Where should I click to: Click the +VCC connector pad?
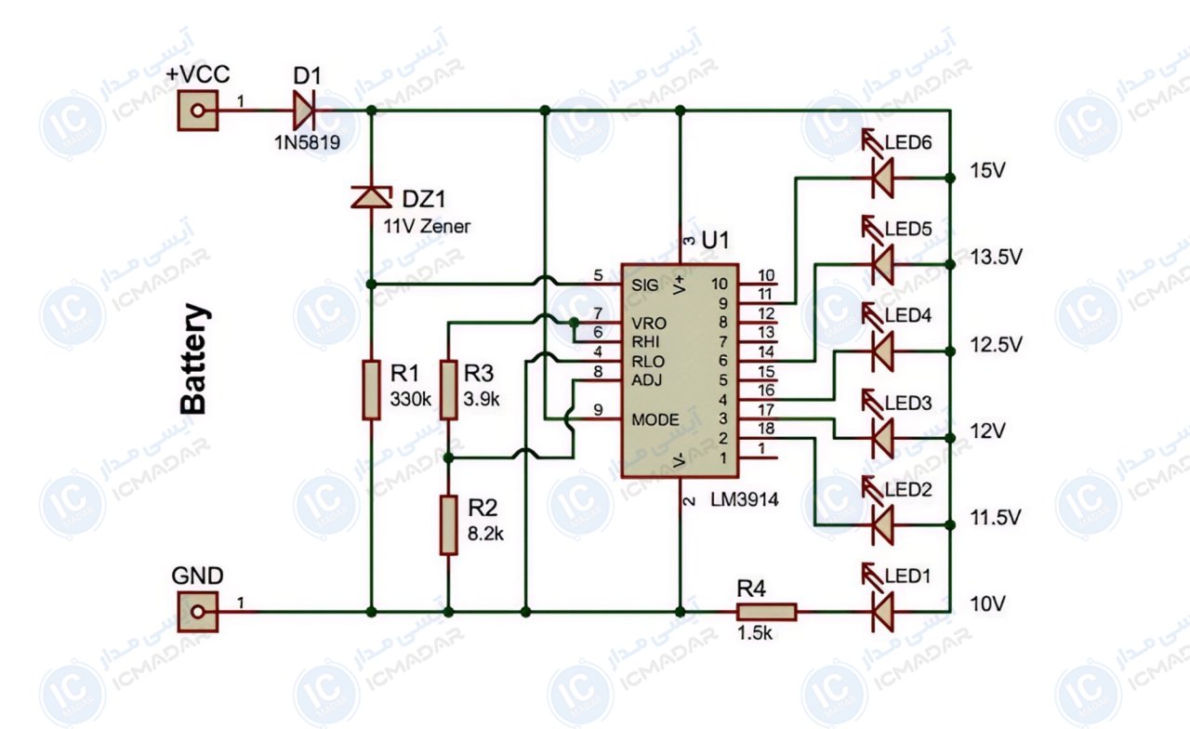point(198,111)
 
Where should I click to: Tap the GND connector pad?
point(198,612)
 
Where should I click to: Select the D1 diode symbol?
point(304,111)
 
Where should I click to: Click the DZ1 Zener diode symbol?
point(371,196)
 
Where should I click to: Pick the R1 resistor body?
point(371,390)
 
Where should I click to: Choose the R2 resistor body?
point(448,525)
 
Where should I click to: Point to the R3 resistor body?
point(448,390)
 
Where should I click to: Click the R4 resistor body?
point(767,612)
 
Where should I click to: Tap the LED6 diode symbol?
point(883,178)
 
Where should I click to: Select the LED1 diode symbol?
point(883,612)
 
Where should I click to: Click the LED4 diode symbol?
point(883,351)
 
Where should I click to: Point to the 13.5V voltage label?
point(996,258)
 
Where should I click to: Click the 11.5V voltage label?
point(996,518)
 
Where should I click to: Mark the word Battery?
point(194,359)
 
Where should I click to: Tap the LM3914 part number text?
point(745,499)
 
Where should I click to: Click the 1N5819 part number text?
point(307,142)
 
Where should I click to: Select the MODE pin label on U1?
point(655,419)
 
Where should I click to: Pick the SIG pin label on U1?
point(645,285)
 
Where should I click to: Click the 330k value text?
point(411,399)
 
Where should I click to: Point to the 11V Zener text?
point(427,227)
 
